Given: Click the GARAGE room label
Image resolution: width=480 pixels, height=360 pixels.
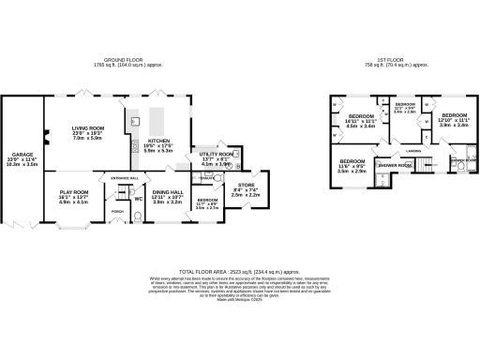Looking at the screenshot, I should tap(21, 153).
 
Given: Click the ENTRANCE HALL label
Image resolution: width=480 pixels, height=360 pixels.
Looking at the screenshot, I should tap(125, 177).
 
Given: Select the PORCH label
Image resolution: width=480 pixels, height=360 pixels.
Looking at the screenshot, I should tap(118, 211).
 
